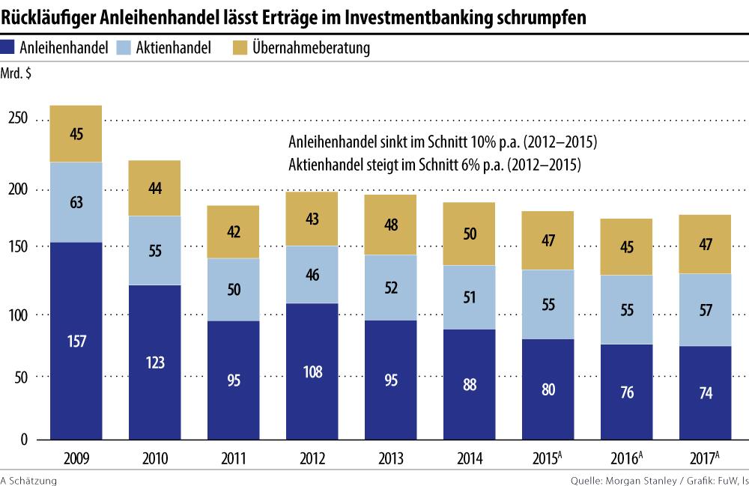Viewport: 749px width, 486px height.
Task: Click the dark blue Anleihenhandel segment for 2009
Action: pyautogui.click(x=76, y=341)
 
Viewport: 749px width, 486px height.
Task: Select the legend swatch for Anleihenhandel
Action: pyautogui.click(x=9, y=48)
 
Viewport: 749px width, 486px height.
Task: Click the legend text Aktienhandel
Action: pyautogui.click(x=174, y=48)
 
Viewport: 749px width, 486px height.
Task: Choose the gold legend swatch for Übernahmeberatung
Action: pyautogui.click(x=240, y=48)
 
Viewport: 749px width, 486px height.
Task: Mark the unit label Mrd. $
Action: pyautogui.click(x=19, y=73)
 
